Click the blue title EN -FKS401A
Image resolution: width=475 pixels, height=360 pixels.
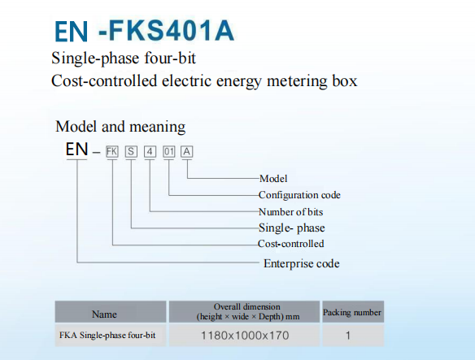144,31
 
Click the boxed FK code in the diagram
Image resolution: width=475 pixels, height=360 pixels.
112,151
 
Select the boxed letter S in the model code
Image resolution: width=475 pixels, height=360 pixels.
131,151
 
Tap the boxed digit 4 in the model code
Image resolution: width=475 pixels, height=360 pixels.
150,151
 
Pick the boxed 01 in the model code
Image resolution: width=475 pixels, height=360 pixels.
168,151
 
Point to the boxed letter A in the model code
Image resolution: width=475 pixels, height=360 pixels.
187,151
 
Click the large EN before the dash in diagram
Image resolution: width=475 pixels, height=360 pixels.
77,150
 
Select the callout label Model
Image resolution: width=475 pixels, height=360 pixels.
273,179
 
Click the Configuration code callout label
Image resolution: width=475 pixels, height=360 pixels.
299,195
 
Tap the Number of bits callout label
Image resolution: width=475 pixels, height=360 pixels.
291,212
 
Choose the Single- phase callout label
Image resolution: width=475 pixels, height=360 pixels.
292,228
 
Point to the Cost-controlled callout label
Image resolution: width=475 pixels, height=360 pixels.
291,244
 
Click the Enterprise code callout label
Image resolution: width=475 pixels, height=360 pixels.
302,263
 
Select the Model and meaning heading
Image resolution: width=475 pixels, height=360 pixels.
120,127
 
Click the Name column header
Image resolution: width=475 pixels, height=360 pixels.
104,314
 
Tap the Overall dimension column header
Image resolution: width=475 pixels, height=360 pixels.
248,311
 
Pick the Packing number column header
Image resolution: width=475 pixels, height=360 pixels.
352,313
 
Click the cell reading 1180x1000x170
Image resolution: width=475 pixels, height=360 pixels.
245,336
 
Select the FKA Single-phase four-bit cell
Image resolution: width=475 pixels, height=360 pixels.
107,336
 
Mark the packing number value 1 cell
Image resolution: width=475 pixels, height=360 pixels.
348,336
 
